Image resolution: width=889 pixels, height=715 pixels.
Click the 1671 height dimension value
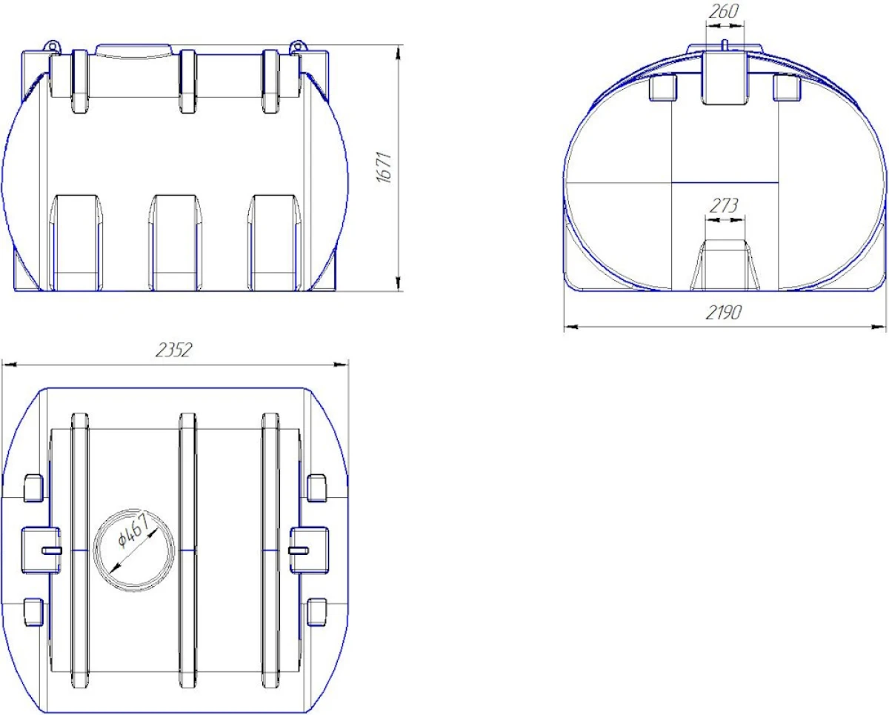pyautogui.click(x=384, y=167)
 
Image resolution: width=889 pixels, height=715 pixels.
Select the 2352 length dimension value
pyautogui.click(x=174, y=350)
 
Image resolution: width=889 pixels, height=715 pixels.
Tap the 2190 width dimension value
pyautogui.click(x=723, y=313)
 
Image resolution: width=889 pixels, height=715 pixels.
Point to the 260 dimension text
pyautogui.click(x=723, y=12)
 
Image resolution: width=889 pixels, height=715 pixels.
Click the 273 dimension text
pyautogui.click(x=724, y=205)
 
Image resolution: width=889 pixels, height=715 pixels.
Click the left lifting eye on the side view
pyautogui.click(x=53, y=46)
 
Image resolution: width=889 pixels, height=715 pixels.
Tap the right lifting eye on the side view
pyautogui.click(x=297, y=46)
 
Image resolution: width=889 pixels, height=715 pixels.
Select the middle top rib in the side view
pyautogui.click(x=188, y=82)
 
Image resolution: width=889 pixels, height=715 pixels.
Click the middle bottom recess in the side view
pyautogui.click(x=176, y=242)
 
